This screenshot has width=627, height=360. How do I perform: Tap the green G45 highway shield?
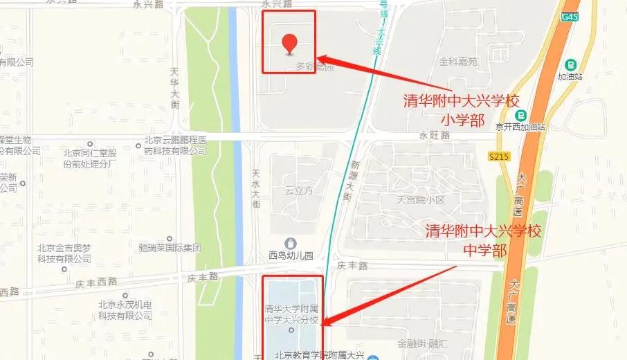570,17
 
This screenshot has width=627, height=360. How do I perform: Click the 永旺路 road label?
435,136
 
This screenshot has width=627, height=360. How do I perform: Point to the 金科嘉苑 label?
458,62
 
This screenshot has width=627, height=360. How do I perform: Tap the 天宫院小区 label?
419,201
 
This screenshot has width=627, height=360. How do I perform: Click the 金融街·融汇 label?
424,343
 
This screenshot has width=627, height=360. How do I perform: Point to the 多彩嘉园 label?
315,67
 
